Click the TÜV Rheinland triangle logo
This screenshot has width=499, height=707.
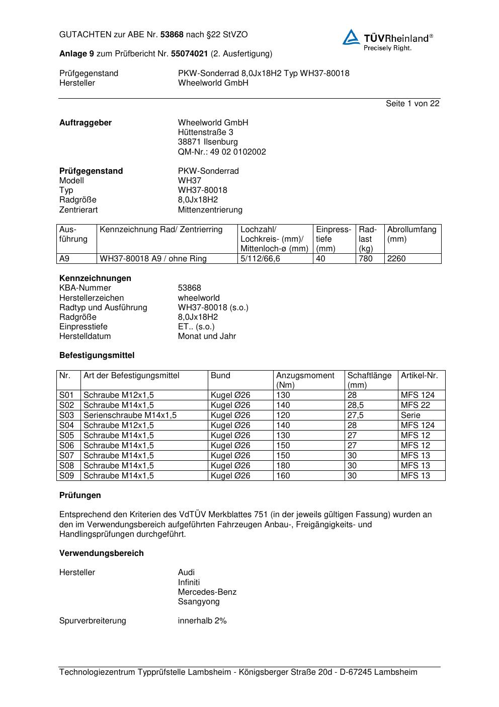tap(351, 37)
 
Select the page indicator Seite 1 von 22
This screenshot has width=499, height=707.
tap(412, 103)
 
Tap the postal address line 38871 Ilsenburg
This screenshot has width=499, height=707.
tap(208, 142)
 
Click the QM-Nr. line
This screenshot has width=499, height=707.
tap(222, 152)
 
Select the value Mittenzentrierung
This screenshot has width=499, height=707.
tap(210, 209)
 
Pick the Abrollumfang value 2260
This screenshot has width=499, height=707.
tap(396, 259)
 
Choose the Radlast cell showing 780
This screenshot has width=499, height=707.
tap(366, 259)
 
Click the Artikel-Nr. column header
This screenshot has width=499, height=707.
tap(419, 376)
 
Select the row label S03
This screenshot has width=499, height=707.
tap(67, 415)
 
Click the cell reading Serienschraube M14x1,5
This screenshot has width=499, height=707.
tap(130, 415)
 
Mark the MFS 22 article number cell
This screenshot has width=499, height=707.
tap(415, 405)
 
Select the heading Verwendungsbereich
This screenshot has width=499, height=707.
tap(102, 553)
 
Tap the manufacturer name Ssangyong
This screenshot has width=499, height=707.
tap(199, 602)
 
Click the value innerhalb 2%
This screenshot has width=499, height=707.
tap(202, 621)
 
